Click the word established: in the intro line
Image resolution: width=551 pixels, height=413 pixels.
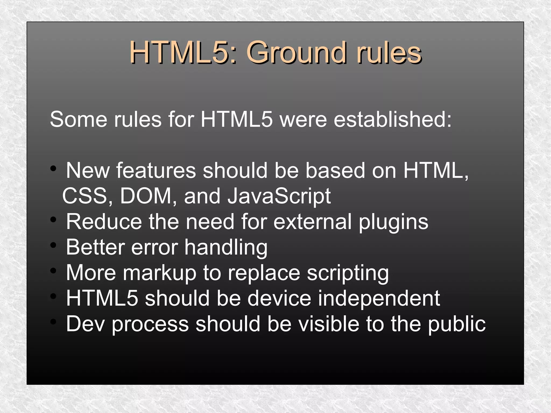pos(393,119)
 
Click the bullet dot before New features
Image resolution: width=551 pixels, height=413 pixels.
pos(53,169)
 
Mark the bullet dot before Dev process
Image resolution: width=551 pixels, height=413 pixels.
pos(53,322)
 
